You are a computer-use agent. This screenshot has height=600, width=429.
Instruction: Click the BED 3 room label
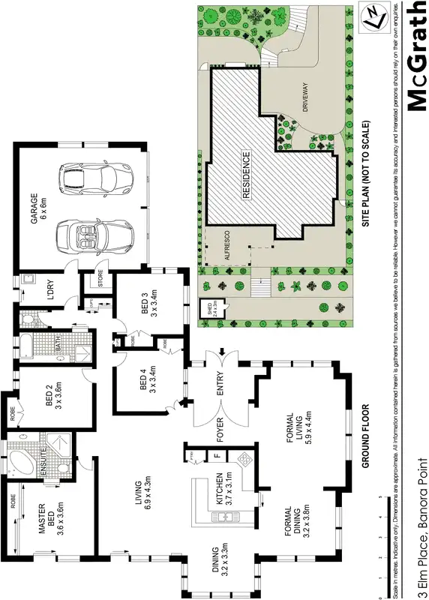148,303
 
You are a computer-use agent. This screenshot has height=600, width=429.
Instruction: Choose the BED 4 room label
148,381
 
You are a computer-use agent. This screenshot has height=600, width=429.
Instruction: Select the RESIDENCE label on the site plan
244,175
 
